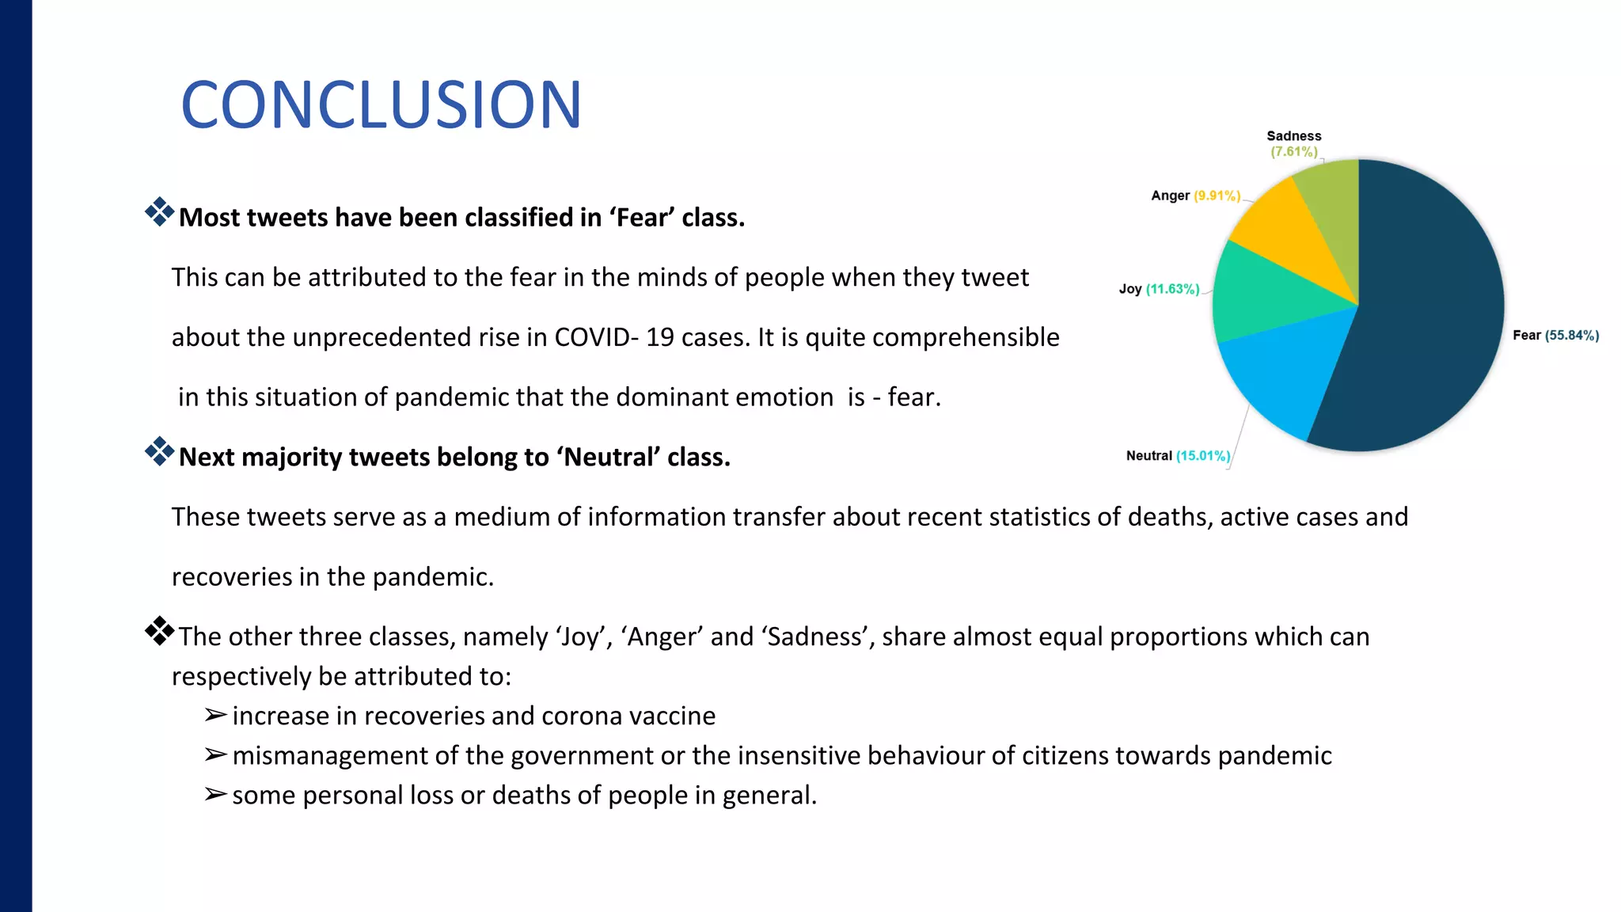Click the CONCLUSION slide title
pos(381,104)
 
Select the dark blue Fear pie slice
pos(1425,317)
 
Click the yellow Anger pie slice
pos(1286,226)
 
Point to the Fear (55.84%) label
pos(1555,335)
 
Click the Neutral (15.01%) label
pos(1178,455)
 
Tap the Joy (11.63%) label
pos(1159,289)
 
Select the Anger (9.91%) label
pos(1195,196)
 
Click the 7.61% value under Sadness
pos(1294,151)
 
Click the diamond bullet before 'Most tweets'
pos(159,212)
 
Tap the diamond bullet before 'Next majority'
pos(159,451)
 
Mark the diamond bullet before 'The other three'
pos(159,631)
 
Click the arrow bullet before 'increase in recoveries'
pos(215,715)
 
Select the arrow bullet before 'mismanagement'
pos(215,754)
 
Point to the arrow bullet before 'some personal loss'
pos(215,794)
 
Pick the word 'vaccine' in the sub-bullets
pos(672,716)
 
